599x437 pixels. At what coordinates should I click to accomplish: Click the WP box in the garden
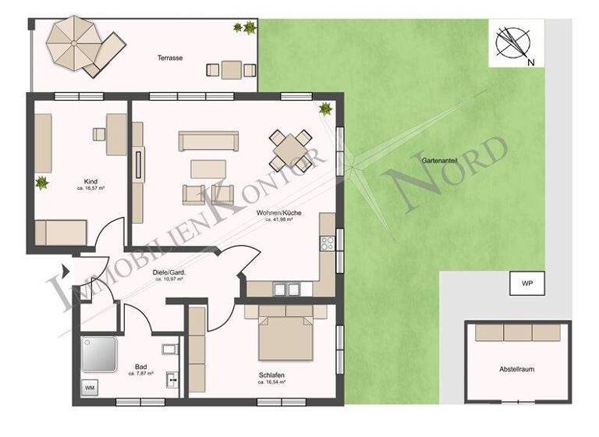coord(517,284)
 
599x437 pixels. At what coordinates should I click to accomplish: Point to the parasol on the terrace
coord(70,43)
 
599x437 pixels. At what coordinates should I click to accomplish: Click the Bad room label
coord(141,367)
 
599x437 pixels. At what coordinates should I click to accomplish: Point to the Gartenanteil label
coord(441,158)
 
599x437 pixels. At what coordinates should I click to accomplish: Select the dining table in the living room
coord(289,146)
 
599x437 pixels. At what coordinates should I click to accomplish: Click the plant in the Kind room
coord(41,184)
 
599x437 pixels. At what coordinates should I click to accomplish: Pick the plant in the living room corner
coord(326,109)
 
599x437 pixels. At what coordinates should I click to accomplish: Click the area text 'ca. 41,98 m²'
coord(278,220)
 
